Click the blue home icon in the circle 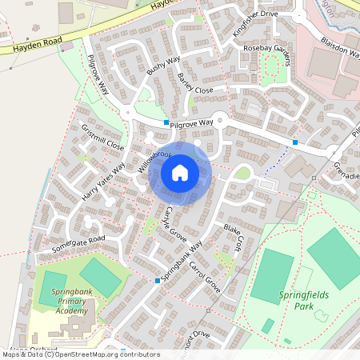[x=180, y=173]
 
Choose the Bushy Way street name [x=163, y=68]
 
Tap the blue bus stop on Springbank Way [x=158, y=280]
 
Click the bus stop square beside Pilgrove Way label [x=166, y=122]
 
